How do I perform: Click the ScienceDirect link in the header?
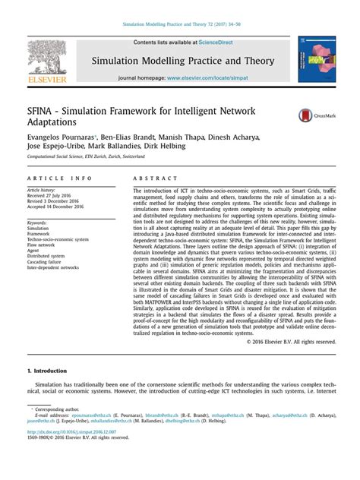pyautogui.click(x=216, y=43)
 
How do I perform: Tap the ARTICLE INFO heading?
pyautogui.click(x=59, y=178)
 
